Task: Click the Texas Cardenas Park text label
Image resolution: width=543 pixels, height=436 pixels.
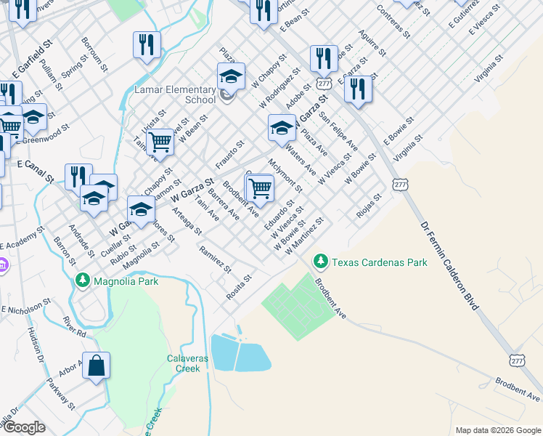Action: [x=380, y=262]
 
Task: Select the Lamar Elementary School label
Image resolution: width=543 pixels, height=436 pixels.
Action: [x=175, y=95]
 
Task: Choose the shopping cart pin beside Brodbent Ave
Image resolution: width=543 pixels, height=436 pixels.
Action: [x=259, y=189]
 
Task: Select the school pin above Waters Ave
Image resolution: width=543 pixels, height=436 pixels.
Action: [x=282, y=129]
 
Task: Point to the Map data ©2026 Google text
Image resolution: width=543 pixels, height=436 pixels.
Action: [x=497, y=430]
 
